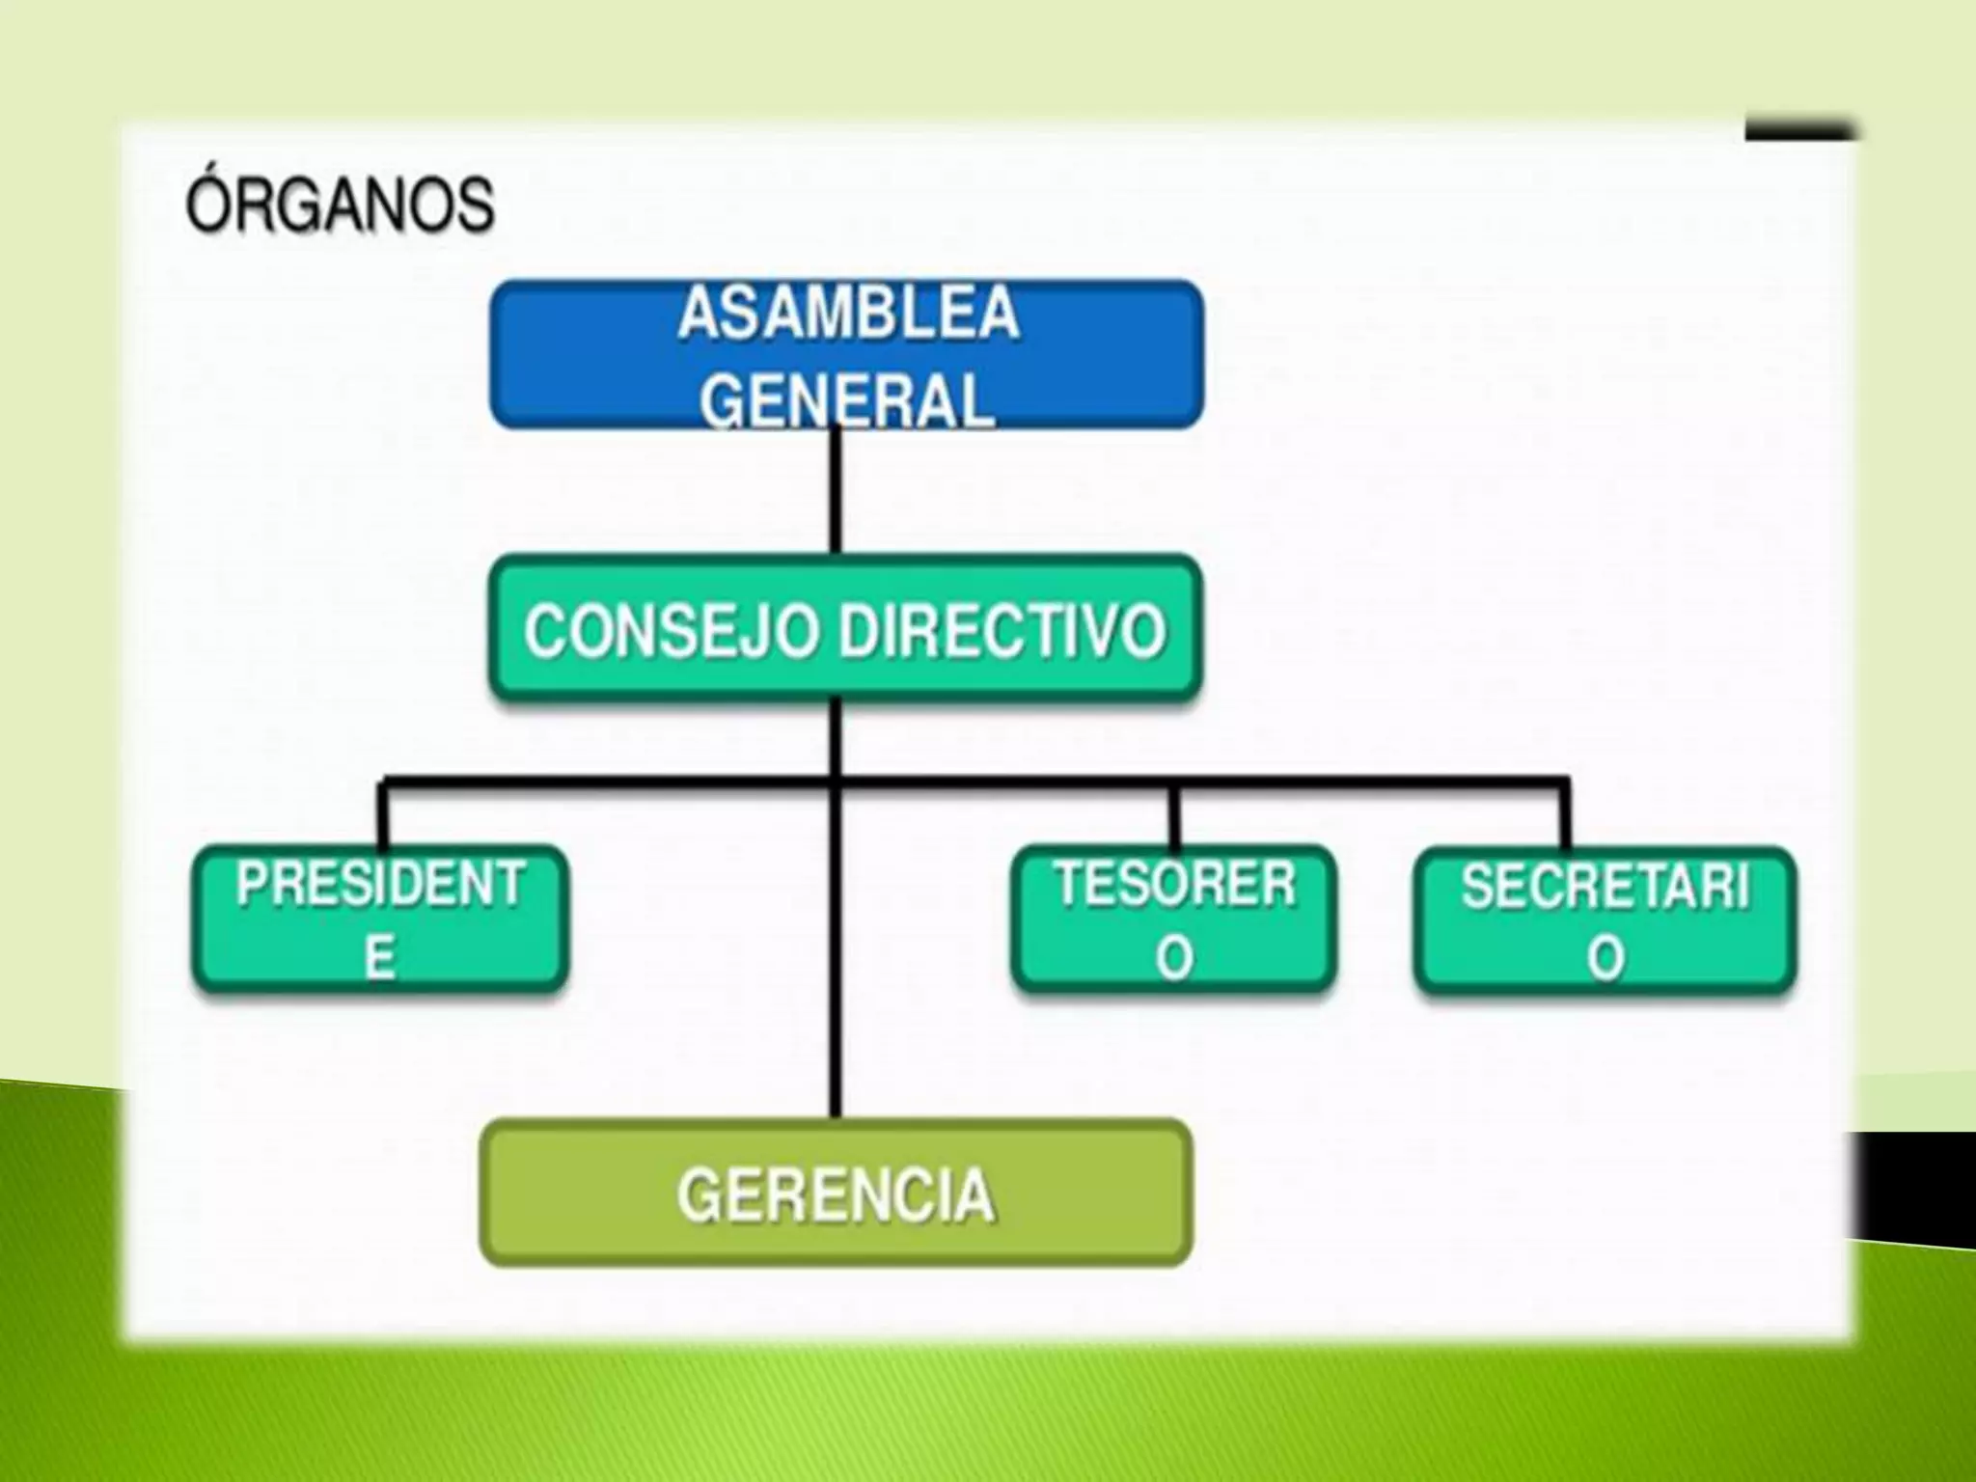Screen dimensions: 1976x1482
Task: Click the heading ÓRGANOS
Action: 340,205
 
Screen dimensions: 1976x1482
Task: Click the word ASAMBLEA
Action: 848,314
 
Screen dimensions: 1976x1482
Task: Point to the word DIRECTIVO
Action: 1002,633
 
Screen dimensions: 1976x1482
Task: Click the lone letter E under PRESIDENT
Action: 379,959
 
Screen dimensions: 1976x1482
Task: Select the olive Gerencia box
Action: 836,1193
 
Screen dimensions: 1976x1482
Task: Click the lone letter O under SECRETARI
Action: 1605,959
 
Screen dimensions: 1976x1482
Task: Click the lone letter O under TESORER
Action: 1174,959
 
